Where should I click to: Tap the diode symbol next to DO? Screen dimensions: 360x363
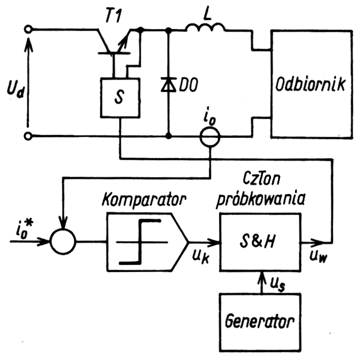tap(168, 84)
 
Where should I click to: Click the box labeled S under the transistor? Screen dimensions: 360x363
tap(120, 97)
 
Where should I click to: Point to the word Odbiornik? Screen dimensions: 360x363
tap(310, 85)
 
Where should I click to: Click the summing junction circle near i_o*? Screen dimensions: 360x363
tap(64, 241)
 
